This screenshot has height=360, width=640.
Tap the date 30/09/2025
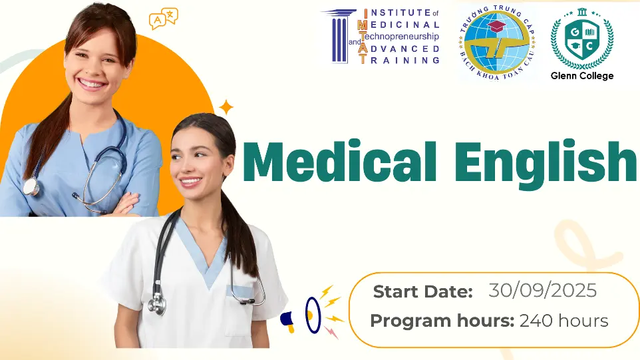coord(542,291)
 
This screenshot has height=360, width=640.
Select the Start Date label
coord(423,291)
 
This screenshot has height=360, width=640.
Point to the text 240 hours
coord(563,321)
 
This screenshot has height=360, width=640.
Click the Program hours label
coord(442,321)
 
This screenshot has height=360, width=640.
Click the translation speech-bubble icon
coord(163,19)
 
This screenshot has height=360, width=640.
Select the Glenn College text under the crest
coord(581,75)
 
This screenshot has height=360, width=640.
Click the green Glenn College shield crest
coord(582,39)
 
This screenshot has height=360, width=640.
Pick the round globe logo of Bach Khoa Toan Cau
coord(497,42)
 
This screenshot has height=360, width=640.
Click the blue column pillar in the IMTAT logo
coord(339,37)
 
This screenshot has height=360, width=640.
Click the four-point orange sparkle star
coord(226,108)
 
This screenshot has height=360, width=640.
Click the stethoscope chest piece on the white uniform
coord(158,305)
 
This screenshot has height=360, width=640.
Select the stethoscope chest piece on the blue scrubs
coord(31,186)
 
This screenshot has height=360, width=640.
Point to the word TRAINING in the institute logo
coord(400,60)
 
